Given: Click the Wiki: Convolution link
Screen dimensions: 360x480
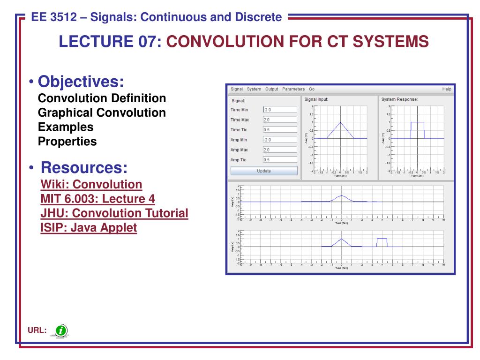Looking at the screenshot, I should coord(91,184).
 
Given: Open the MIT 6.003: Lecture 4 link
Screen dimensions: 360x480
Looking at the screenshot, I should coord(97,198).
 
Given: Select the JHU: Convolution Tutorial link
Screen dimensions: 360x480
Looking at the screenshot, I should coord(114,213).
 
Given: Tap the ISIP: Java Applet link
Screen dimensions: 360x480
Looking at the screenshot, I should coord(89,228).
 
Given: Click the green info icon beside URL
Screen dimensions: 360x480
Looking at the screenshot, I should coord(61,331).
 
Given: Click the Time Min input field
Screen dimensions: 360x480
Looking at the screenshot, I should coord(280,110).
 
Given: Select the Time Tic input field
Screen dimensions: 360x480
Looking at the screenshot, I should coord(280,130).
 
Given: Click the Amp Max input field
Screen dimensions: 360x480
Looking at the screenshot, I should coord(280,150).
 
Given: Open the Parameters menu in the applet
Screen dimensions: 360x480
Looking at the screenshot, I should coord(293,89).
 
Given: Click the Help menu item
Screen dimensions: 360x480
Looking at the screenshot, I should coord(446,89).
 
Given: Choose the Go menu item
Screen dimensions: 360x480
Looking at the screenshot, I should coord(312,89).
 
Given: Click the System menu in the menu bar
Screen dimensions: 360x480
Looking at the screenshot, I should coord(254,89).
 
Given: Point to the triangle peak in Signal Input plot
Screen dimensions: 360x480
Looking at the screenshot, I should coord(340,123).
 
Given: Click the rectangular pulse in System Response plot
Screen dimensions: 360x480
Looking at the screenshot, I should coord(417,123).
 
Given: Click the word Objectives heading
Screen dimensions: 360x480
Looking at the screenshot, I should coord(81,82).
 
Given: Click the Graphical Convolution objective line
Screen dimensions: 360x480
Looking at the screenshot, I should coord(102,113).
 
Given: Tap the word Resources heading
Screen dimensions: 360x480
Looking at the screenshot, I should coord(84,167).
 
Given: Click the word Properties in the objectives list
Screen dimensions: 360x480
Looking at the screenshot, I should coord(67,141).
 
